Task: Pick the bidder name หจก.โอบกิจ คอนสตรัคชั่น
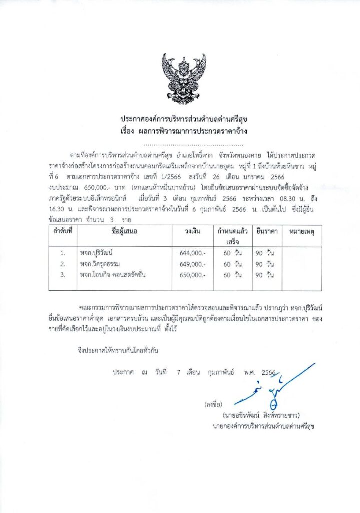(119, 275)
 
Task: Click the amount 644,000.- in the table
(193, 253)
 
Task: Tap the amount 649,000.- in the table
(193, 264)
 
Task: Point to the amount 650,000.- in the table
(193, 275)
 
